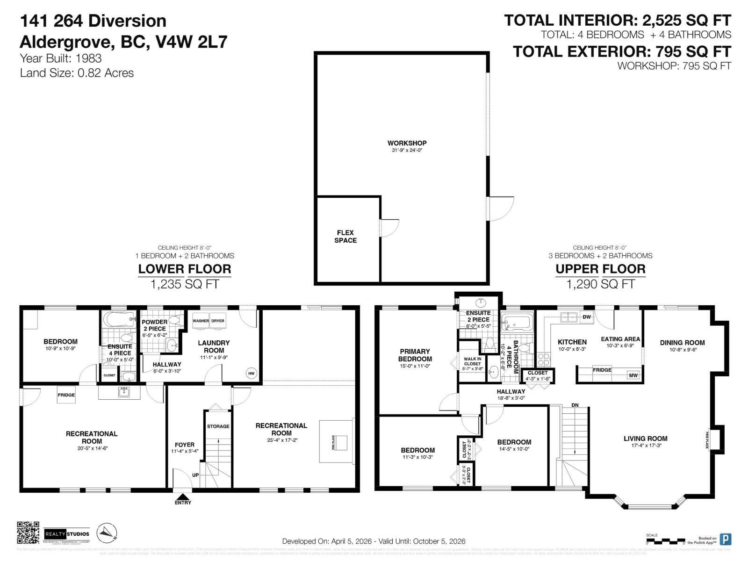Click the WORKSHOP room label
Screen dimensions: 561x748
pos(407,143)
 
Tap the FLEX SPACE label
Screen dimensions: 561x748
pos(345,236)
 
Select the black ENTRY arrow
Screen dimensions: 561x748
pos(183,496)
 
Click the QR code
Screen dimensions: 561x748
pos(28,533)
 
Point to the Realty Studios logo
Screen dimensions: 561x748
pos(67,534)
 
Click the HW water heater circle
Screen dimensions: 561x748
pos(252,373)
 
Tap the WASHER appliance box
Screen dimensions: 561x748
pos(201,321)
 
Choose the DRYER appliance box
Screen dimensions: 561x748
pos(218,321)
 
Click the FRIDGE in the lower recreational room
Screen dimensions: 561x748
pos(66,395)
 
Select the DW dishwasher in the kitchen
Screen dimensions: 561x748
pos(587,317)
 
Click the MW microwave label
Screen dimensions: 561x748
pos(633,375)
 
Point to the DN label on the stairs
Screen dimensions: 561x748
pos(575,405)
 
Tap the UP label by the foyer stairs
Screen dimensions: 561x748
pos(195,475)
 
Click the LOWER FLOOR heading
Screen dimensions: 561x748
pos(185,269)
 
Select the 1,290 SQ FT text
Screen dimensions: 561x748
pos(600,284)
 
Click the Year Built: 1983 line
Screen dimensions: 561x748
pos(61,58)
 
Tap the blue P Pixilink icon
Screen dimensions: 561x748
pos(725,539)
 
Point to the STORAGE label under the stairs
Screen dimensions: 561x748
pos(218,426)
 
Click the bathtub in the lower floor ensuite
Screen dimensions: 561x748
pos(119,320)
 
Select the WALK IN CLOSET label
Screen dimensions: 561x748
pos(472,361)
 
